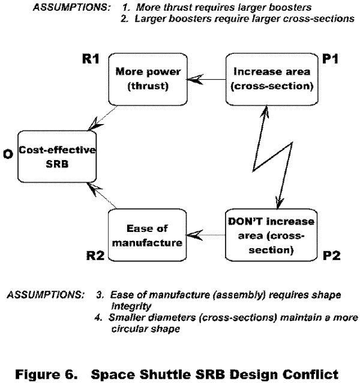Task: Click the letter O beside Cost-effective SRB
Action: [8, 155]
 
